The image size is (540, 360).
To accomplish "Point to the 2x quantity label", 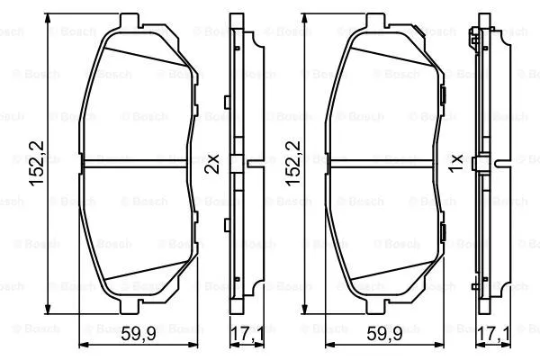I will pos(212,164).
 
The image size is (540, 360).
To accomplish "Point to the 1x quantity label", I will pos(457,164).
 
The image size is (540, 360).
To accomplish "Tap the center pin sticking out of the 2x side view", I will pos(254,164).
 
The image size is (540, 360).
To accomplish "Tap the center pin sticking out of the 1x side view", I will pos(500,164).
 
